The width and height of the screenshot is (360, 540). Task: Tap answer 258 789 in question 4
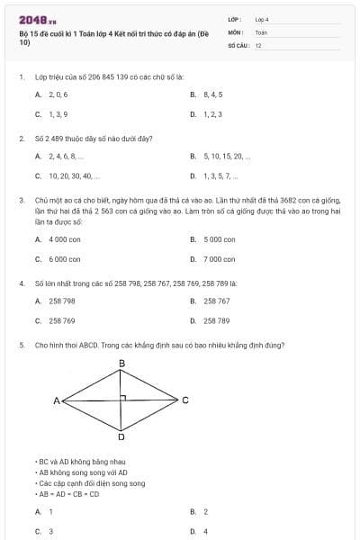click(x=217, y=320)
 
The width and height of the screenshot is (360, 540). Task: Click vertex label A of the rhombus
click(x=56, y=400)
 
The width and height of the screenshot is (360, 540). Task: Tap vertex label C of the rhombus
click(x=185, y=400)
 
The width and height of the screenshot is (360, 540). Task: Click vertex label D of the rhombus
click(x=121, y=437)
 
